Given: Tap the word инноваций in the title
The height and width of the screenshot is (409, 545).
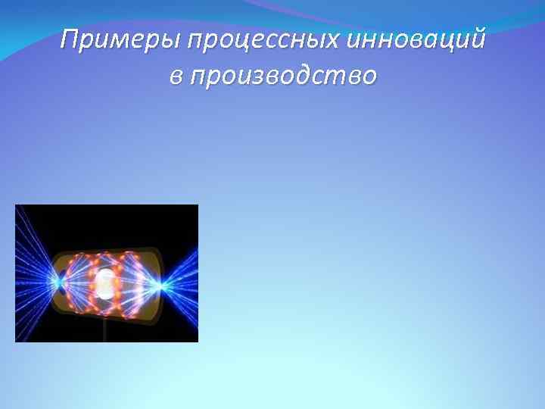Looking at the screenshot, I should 416,39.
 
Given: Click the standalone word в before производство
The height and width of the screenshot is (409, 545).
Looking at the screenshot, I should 176,76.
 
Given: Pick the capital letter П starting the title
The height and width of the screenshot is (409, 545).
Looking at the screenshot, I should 70,39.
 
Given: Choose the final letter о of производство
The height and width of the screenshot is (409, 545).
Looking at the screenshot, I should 368,77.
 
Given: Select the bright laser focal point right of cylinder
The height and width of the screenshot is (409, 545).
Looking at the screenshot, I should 161,286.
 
